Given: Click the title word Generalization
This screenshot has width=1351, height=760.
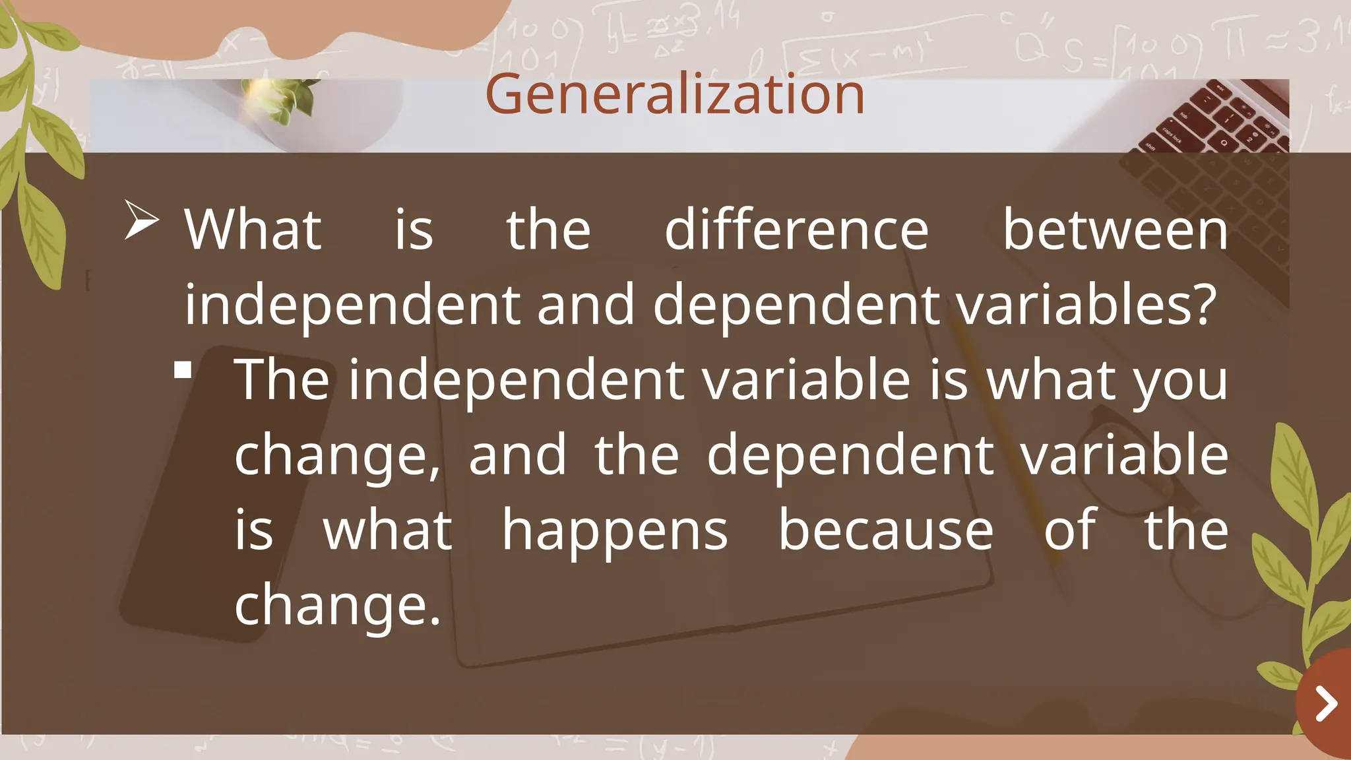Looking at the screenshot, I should pos(674,94).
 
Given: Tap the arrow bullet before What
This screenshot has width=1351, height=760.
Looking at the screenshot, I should pos(141,220).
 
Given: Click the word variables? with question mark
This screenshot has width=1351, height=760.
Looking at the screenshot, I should pos(1086,305).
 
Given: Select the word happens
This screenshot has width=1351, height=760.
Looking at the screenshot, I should pos(615,530).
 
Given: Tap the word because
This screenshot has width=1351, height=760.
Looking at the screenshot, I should pos(885,530).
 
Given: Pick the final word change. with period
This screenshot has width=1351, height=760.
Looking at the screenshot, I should pos(337,605).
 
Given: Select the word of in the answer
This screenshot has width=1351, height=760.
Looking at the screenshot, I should pos(1069,530).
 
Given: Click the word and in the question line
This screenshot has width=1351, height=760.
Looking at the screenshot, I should pos(585,305).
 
